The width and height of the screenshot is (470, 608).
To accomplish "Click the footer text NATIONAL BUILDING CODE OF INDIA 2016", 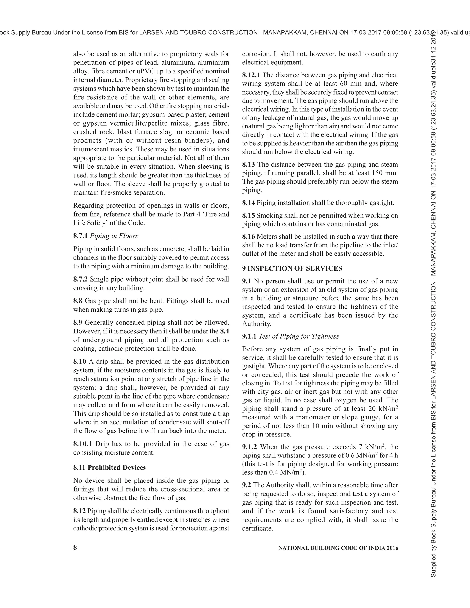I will pyautogui.click(x=338, y=548).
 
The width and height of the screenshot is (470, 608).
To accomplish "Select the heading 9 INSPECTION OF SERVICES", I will pyautogui.click(x=292, y=268).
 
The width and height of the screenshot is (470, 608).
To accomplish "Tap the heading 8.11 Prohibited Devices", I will pyautogui.click(x=109, y=467).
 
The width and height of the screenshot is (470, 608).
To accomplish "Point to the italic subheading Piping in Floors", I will pyautogui.click(x=114, y=236).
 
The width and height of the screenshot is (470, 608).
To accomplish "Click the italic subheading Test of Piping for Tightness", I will pyautogui.click(x=299, y=336).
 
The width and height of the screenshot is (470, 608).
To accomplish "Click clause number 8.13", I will pyautogui.click(x=248, y=165).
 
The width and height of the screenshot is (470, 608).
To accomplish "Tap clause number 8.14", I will pyautogui.click(x=248, y=203).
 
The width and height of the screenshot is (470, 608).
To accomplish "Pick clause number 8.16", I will pyautogui.click(x=248, y=237).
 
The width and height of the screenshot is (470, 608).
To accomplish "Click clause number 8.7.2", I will pyautogui.click(x=81, y=279).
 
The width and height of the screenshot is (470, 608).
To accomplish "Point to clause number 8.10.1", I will pyautogui.click(x=82, y=444).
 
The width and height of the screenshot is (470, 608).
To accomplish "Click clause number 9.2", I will pyautogui.click(x=246, y=485).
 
